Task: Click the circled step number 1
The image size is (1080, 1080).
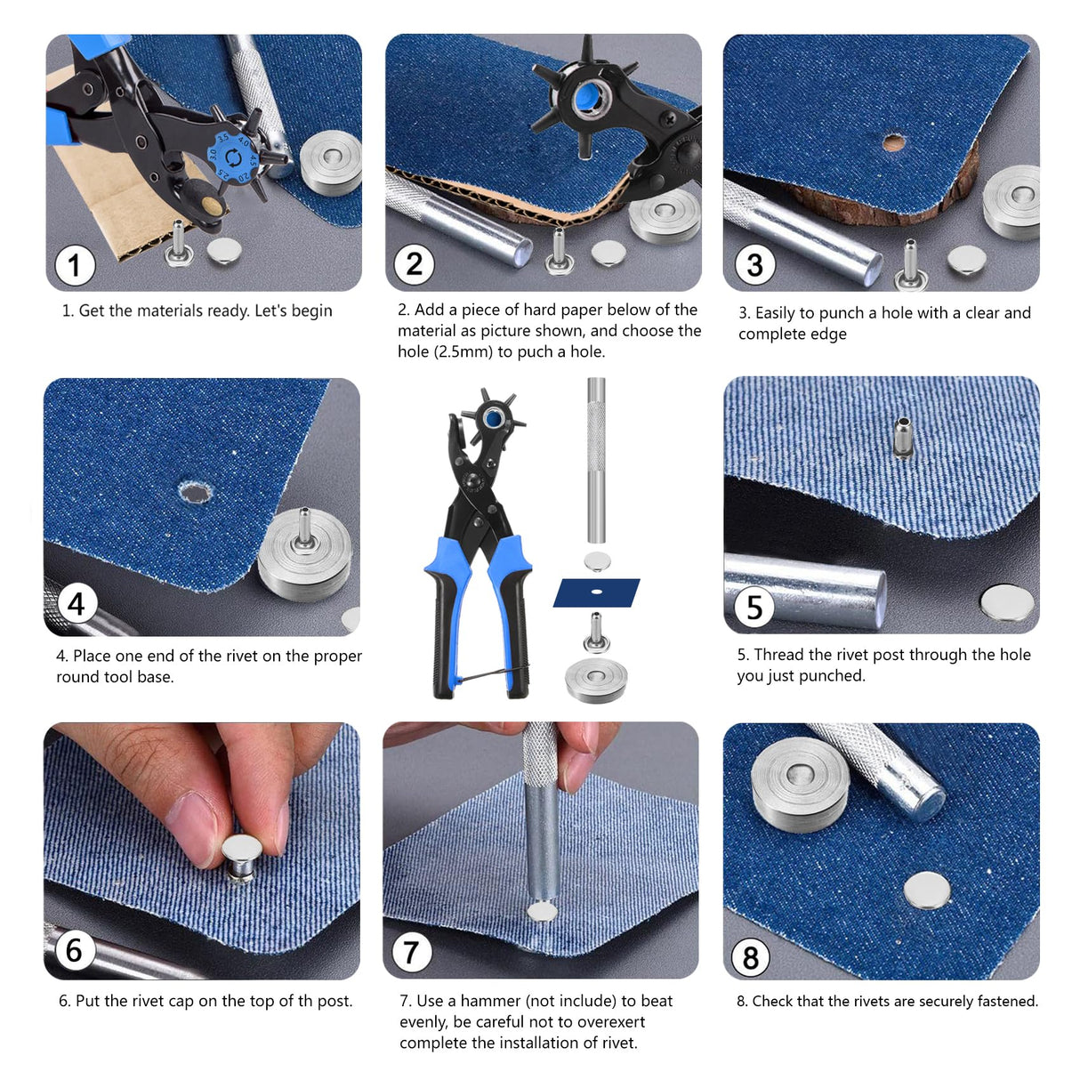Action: pos(75,265)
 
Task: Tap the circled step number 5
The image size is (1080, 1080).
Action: pos(754,608)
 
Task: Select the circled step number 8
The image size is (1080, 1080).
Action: pos(751,958)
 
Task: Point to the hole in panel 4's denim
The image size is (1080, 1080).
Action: pos(194,493)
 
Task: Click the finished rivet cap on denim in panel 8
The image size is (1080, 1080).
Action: pos(926,891)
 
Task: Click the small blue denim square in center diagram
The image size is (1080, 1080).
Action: pos(597,592)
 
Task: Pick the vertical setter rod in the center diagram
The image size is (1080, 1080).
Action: pos(595,460)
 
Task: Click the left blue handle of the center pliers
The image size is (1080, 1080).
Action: pos(446,614)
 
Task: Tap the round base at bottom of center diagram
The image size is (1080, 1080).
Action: pos(596,681)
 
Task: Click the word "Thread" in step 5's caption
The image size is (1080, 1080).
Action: pos(778,655)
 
